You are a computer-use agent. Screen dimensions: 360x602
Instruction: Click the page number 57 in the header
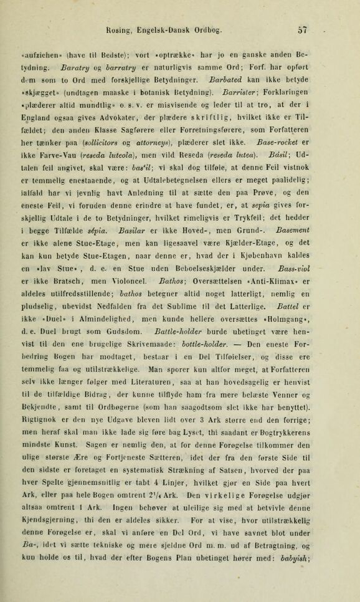(302, 29)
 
